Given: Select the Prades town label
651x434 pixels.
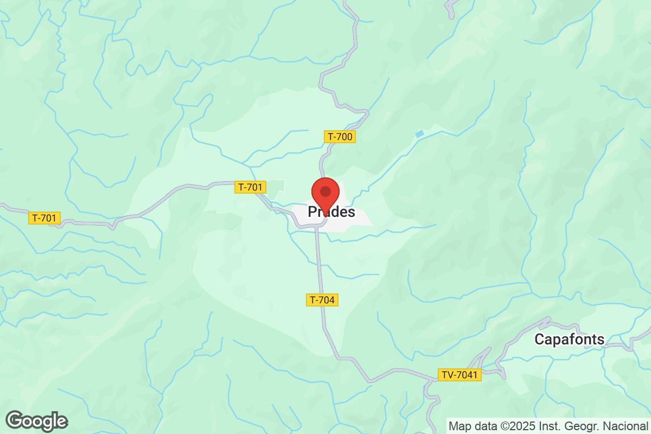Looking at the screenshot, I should (x=331, y=212).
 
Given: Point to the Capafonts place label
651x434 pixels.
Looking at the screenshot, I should (x=569, y=340).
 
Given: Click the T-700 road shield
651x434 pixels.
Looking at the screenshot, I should (x=340, y=137).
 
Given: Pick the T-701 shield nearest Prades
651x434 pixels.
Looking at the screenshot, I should (x=251, y=187).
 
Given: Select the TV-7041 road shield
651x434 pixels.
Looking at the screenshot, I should (x=459, y=375).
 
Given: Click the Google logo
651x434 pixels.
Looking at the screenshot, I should (x=37, y=421).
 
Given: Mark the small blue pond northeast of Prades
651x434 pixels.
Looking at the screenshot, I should (x=419, y=133).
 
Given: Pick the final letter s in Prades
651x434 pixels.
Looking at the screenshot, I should (x=352, y=213).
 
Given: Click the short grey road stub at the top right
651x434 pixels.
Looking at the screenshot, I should (x=450, y=9).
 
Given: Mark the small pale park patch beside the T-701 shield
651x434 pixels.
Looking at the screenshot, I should (x=277, y=188).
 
